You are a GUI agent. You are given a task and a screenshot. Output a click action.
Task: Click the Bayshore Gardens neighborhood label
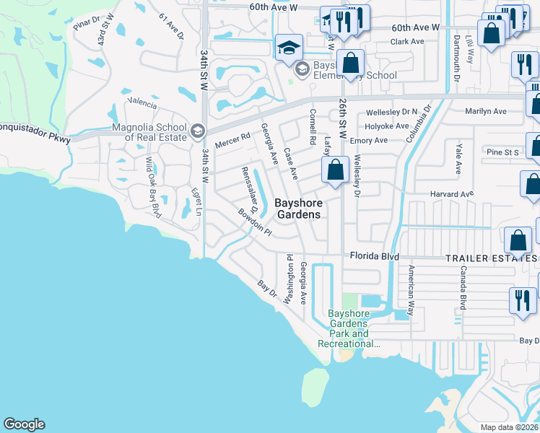[298, 209]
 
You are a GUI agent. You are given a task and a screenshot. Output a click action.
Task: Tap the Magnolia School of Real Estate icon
[198, 131]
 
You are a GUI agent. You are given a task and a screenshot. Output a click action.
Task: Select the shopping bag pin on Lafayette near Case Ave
[336, 172]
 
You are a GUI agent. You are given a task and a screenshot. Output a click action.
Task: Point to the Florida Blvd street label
[375, 255]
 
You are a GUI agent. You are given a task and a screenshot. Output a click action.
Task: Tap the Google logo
[24, 424]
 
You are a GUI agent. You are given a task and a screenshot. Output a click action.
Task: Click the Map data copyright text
[510, 427]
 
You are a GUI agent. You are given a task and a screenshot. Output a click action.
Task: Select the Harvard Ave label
[452, 194]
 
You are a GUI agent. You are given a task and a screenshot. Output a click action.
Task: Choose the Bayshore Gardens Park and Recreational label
[349, 329]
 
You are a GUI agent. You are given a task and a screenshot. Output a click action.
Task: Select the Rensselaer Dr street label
[250, 189]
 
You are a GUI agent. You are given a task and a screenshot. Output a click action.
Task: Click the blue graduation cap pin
[289, 48]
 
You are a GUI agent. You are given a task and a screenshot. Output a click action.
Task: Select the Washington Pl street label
[290, 279]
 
